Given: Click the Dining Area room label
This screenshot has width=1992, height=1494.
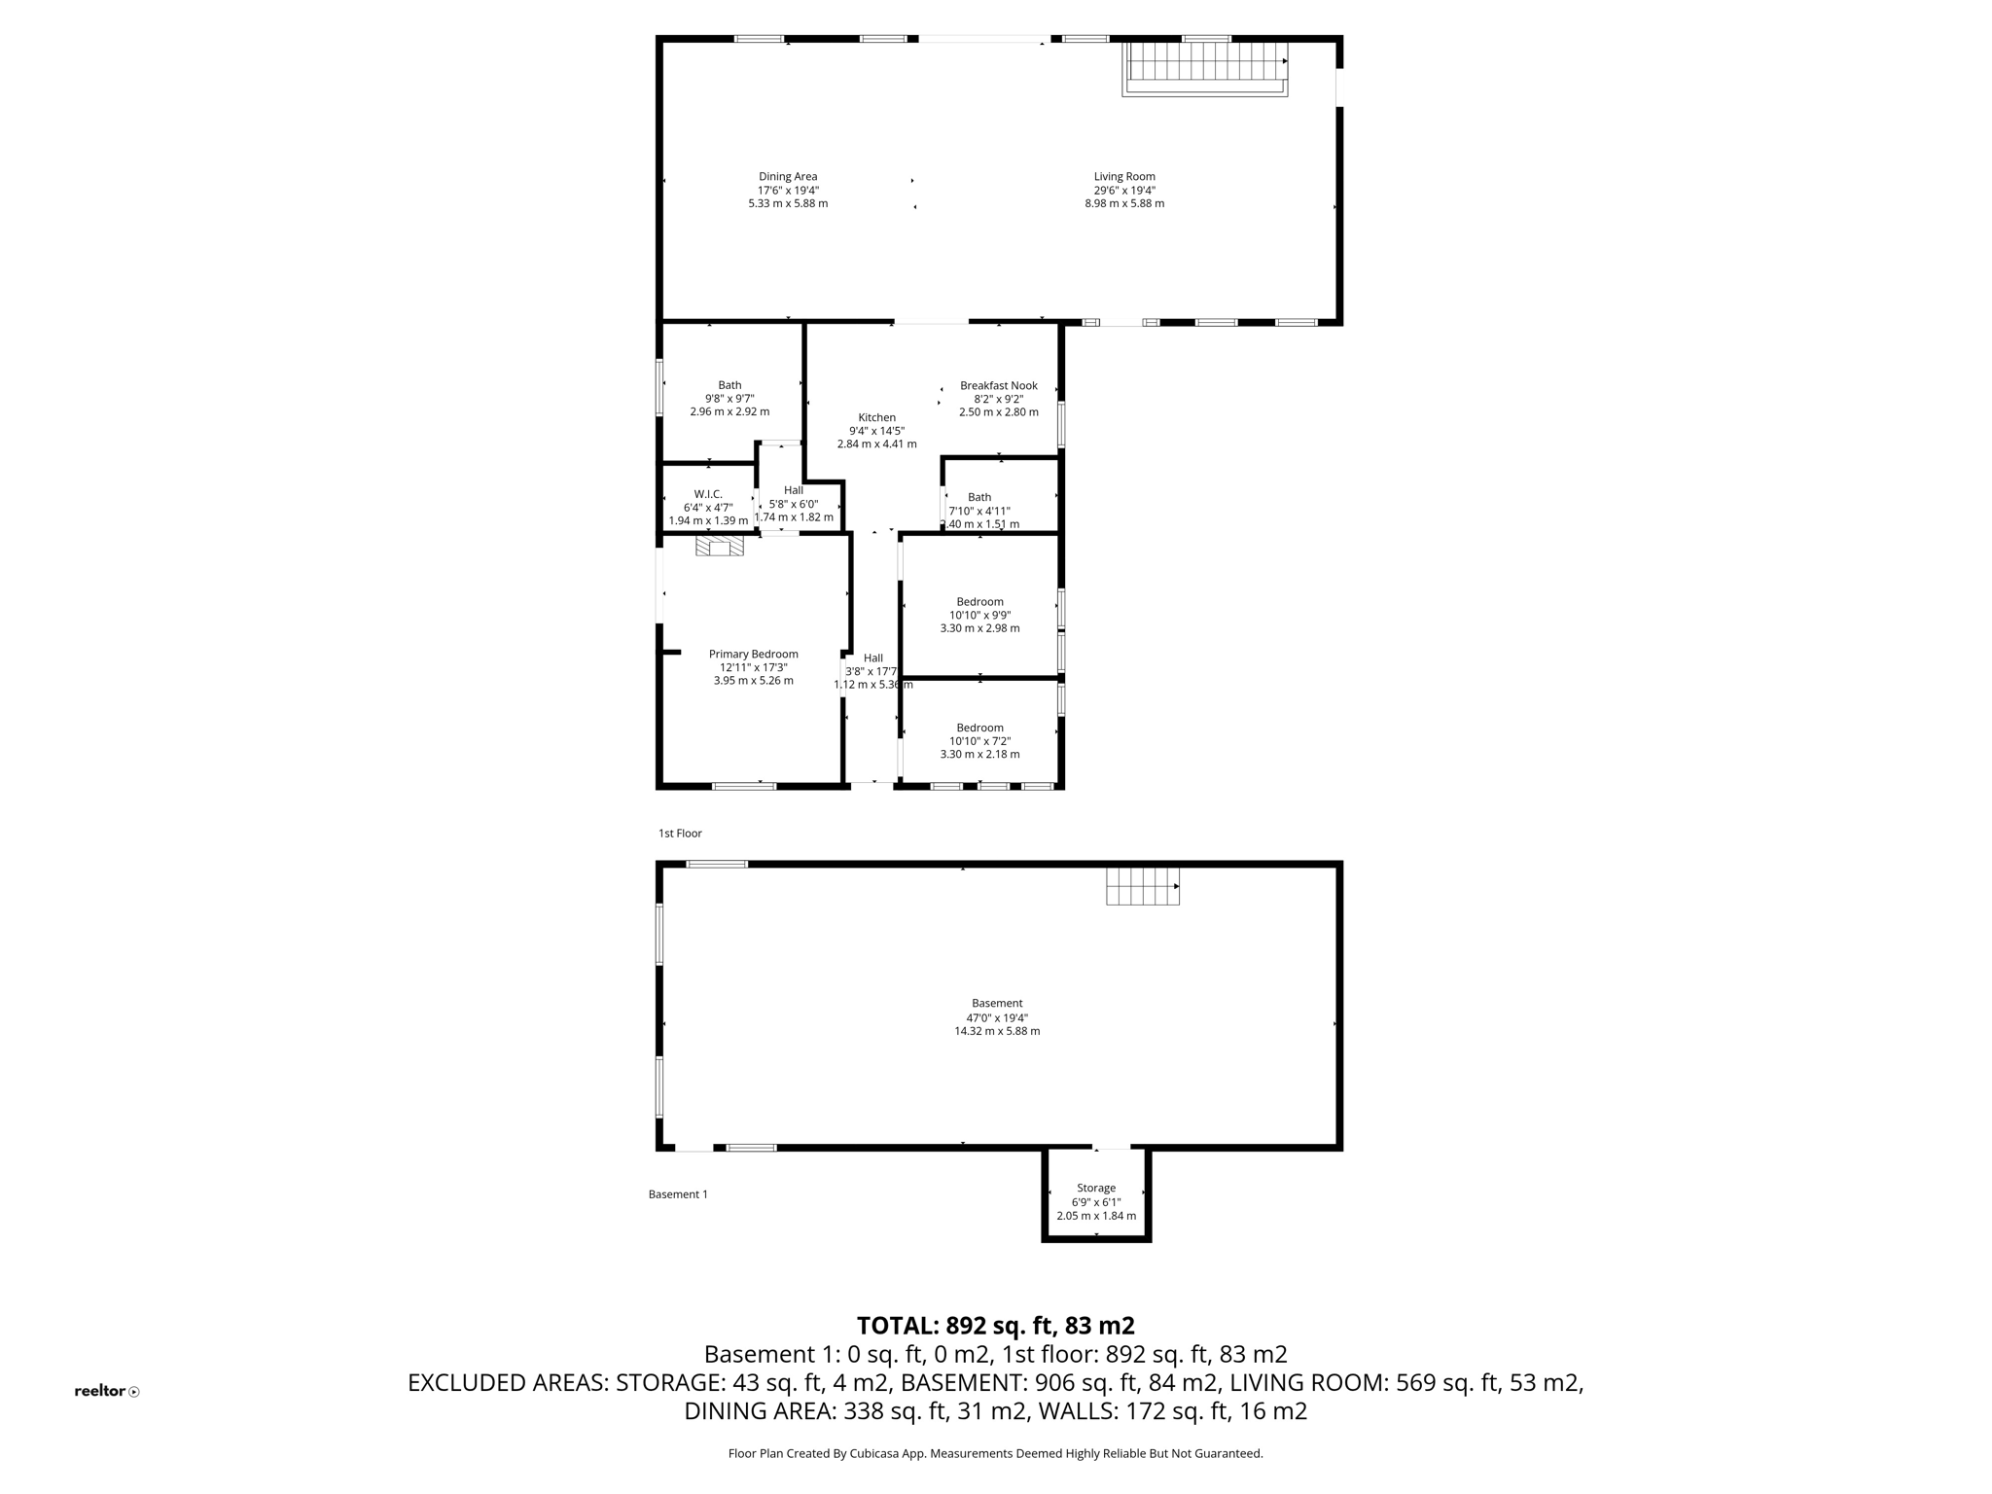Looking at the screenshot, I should point(788,177).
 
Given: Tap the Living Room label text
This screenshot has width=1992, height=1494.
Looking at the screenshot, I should point(1124,177).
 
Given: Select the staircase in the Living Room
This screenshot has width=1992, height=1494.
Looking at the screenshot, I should point(1205,67).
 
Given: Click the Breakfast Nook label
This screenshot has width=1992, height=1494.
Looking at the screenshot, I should point(998,386).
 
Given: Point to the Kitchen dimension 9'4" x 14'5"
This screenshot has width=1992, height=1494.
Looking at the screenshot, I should point(876,431).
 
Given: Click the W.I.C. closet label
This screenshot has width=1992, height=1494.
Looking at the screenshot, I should point(708,494).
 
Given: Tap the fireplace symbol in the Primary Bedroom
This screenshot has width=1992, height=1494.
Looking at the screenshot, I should point(720,548).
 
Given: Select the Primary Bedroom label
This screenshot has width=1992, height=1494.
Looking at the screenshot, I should point(753,654).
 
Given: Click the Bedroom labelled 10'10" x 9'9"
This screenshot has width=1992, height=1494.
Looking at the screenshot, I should point(979,602).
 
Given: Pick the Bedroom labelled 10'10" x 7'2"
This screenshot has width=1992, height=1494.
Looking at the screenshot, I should point(979,728).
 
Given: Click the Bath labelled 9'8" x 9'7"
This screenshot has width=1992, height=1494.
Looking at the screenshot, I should point(729,385).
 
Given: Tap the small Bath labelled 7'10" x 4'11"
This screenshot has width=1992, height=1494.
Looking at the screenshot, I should point(979,497).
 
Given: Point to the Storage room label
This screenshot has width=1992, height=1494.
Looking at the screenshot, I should point(1096,1188).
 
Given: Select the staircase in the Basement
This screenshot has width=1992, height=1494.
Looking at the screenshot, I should point(1142,886).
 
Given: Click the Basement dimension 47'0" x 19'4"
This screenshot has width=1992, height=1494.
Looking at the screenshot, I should point(997,1017).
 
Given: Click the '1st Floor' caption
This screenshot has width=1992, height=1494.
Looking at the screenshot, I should point(680,834).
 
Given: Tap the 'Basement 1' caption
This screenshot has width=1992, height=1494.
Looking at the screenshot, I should point(678,1194).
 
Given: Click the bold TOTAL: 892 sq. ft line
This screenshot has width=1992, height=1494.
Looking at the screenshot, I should point(995,1326).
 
